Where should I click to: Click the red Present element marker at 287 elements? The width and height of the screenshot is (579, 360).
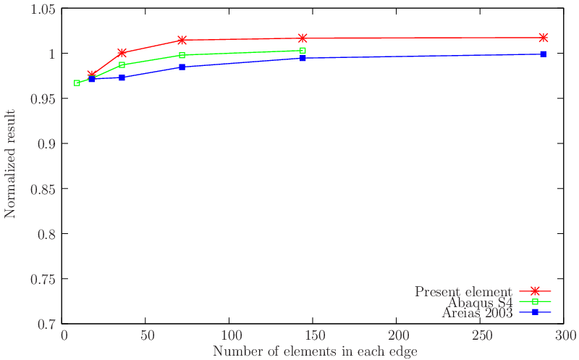click(x=543, y=38)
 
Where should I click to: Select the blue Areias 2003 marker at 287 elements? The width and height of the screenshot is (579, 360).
click(x=543, y=54)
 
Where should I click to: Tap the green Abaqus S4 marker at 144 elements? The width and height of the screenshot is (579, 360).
click(x=303, y=51)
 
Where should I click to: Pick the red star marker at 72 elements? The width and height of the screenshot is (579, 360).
click(x=182, y=40)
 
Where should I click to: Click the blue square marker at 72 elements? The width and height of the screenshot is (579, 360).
click(x=182, y=67)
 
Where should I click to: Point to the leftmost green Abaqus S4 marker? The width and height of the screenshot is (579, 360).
click(x=77, y=83)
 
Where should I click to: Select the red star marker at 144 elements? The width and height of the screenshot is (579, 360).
click(x=303, y=38)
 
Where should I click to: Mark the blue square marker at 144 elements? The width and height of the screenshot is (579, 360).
click(x=303, y=58)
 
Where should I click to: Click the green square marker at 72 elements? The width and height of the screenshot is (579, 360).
click(x=182, y=55)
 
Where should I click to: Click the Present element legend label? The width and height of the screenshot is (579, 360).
click(x=464, y=292)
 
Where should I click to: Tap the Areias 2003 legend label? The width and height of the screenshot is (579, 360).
click(x=478, y=313)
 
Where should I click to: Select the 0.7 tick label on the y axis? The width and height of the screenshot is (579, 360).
click(x=46, y=324)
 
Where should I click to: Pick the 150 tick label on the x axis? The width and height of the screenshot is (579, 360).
click(x=313, y=337)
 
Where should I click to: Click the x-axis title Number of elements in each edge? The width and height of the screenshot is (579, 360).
click(x=314, y=351)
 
